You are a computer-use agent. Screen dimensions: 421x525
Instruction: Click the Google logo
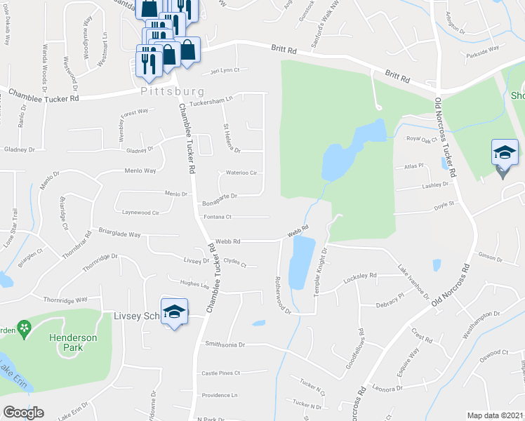click(x=23, y=413)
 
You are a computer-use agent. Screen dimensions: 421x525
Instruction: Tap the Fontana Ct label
click(x=218, y=217)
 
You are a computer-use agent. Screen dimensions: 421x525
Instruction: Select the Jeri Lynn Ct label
click(x=225, y=70)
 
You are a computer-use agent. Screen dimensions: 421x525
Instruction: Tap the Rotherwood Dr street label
click(x=282, y=293)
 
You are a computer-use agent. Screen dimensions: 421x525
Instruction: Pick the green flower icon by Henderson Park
click(x=25, y=327)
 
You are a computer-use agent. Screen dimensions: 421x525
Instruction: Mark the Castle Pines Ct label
click(x=220, y=373)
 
